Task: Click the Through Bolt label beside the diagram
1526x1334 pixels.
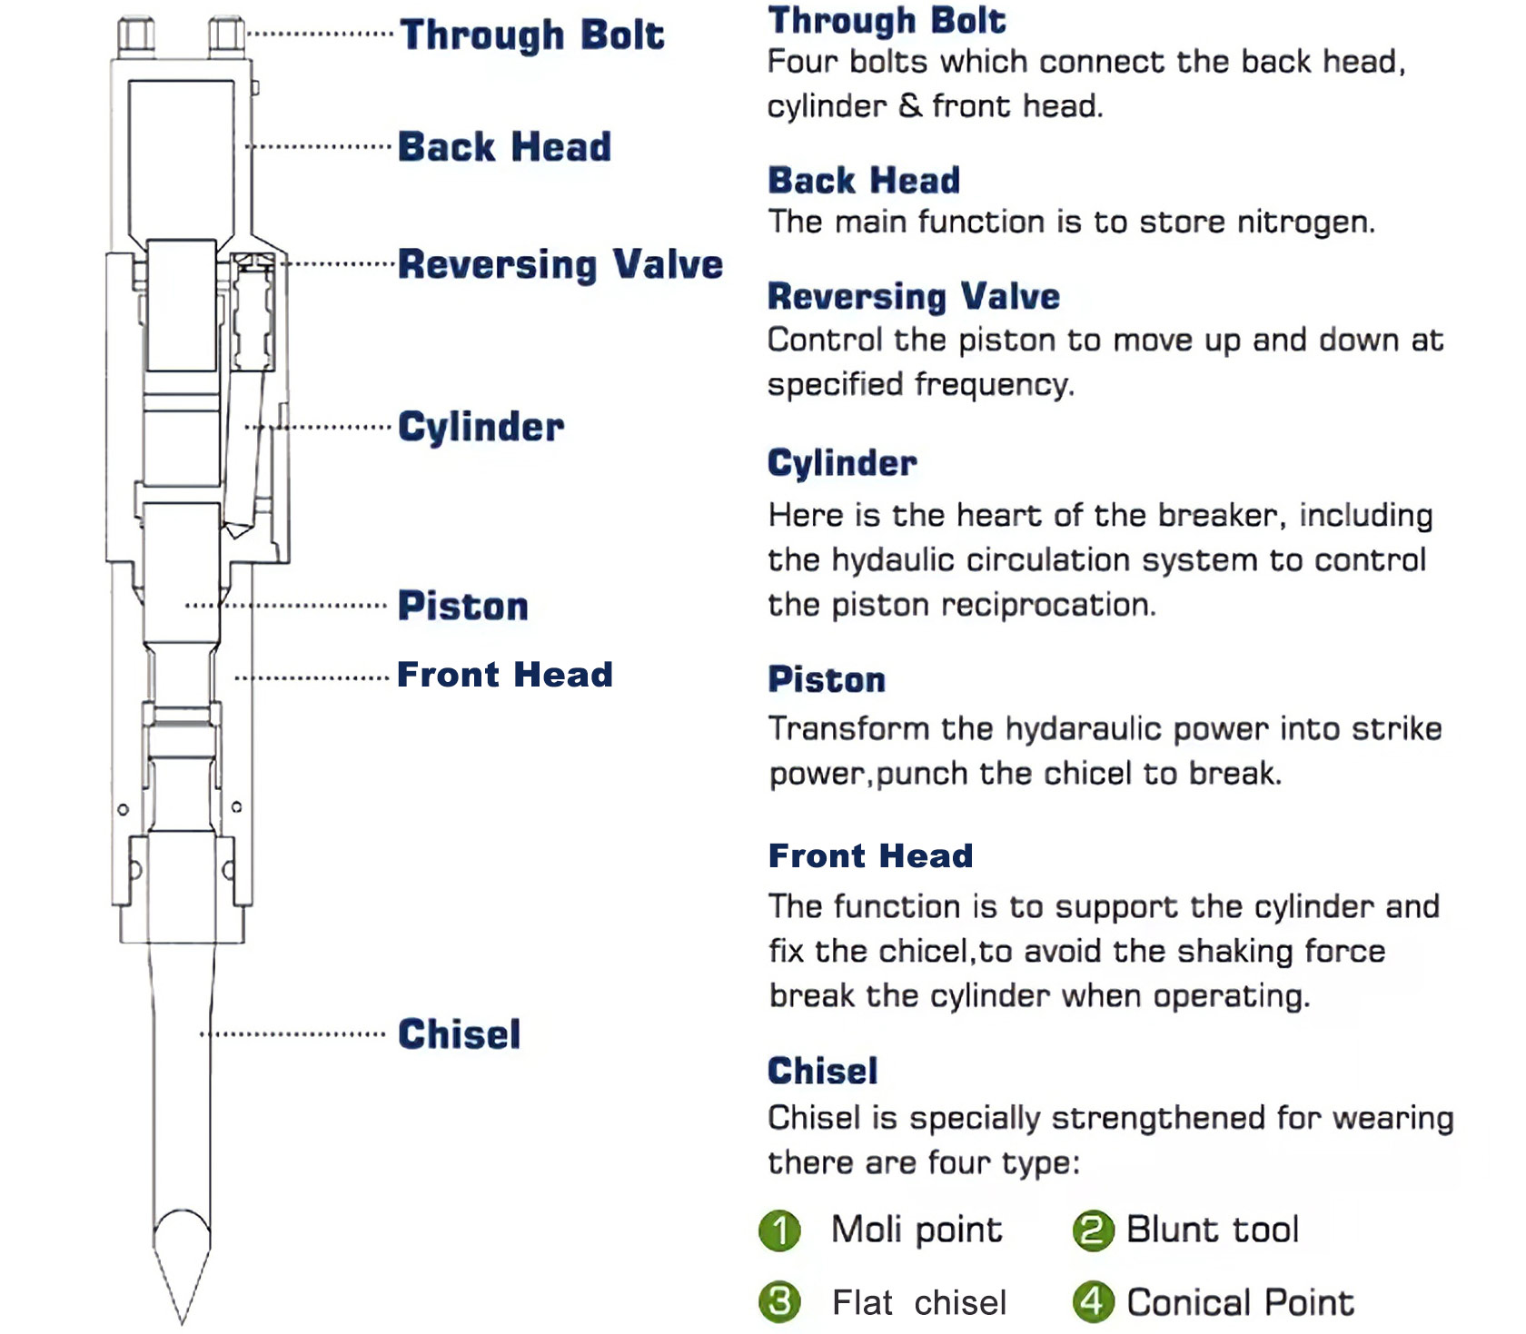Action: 532,35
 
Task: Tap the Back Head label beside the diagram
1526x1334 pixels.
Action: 505,146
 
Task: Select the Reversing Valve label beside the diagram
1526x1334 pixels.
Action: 560,264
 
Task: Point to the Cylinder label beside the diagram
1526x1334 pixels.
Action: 481,427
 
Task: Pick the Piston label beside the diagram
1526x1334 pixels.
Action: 463,606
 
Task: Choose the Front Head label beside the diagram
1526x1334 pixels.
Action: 505,675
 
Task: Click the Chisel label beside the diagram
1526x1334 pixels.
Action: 460,1034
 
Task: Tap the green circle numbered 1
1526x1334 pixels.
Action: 779,1230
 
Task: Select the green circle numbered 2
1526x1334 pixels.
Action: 1093,1230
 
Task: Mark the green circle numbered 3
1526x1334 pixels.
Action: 779,1302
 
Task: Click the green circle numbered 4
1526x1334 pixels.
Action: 1093,1302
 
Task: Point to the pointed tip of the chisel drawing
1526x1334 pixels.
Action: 182,1324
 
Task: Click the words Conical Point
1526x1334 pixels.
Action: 1241,1303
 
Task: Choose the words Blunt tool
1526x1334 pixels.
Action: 1214,1230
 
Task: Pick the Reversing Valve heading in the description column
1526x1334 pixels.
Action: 914,297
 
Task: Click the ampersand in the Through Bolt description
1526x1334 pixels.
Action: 910,106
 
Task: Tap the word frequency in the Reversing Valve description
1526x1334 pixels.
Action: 994,385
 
